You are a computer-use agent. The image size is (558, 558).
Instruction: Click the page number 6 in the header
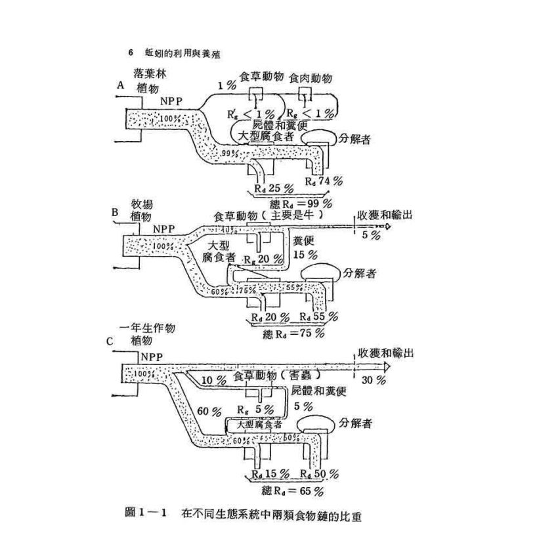[x=131, y=53]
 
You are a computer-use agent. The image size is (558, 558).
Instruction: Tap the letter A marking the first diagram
[x=120, y=85]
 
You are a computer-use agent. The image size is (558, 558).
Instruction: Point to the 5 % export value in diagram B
[x=370, y=235]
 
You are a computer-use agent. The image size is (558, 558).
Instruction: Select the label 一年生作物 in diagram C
[x=149, y=328]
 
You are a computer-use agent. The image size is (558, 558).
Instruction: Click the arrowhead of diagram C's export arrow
[x=387, y=365]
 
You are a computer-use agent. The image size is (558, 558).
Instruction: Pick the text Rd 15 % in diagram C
[x=267, y=473]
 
